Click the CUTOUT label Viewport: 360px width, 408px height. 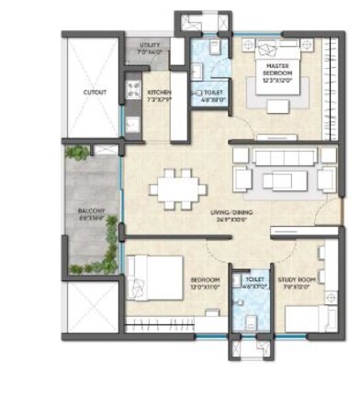click(x=94, y=92)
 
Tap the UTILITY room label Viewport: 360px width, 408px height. click(x=149, y=45)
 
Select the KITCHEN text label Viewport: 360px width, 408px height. click(x=159, y=92)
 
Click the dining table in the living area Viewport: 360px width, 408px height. click(x=181, y=189)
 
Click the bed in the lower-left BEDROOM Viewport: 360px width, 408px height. click(x=151, y=273)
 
